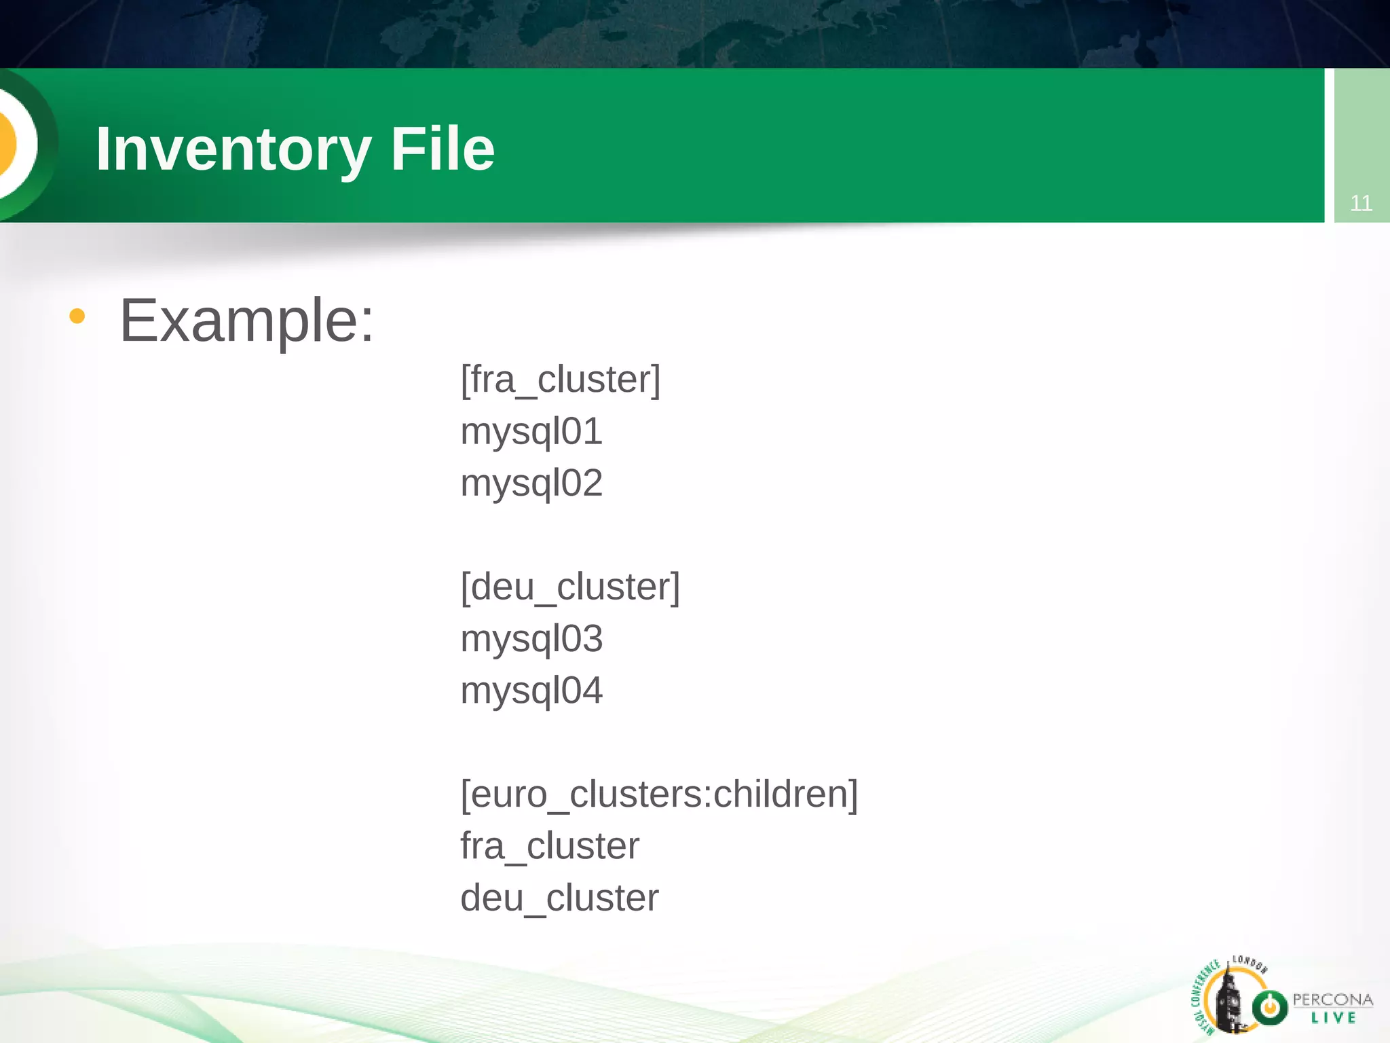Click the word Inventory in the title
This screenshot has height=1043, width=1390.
[233, 149]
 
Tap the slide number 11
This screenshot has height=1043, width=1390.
[1361, 203]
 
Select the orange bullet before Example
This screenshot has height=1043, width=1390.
[77, 316]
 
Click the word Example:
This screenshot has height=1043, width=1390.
[247, 321]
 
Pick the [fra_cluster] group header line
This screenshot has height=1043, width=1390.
[560, 380]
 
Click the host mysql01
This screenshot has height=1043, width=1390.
[531, 432]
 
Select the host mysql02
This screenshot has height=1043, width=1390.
[531, 483]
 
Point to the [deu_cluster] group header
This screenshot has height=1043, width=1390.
[570, 587]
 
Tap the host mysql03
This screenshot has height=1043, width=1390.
[531, 639]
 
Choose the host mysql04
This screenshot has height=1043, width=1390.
[531, 691]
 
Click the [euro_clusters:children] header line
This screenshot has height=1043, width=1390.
[659, 794]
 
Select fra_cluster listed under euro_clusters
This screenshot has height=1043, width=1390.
[550, 846]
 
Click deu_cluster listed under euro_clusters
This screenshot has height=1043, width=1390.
[559, 898]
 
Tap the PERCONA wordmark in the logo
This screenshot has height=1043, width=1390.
[1332, 1000]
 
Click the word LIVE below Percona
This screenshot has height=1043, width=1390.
[1333, 1017]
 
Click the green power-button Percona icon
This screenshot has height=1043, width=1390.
[1269, 1007]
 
